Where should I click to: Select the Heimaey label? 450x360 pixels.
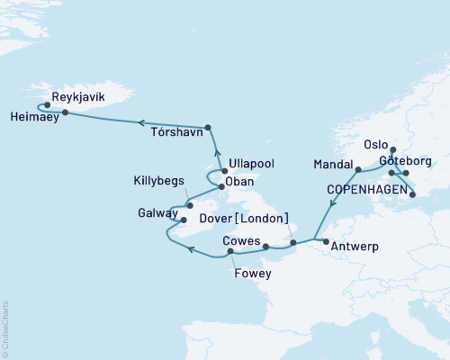point(31,116)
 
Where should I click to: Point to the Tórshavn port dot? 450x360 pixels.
point(208,127)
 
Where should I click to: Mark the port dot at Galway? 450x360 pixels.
point(183,219)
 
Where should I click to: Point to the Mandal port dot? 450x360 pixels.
point(358,168)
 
